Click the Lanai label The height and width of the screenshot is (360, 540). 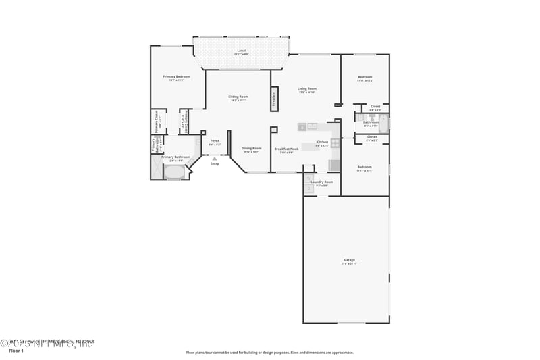(241, 51)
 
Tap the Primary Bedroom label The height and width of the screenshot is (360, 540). (176, 77)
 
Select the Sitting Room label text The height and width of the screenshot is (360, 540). (238, 97)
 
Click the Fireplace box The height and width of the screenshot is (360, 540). (274, 98)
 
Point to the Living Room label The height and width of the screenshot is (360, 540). (307, 89)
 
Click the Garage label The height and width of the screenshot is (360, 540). (349, 260)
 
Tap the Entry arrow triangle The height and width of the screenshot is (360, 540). (215, 158)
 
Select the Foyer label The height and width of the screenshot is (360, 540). (215, 141)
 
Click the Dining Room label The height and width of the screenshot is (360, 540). (252, 149)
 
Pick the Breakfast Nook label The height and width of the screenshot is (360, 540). (286, 149)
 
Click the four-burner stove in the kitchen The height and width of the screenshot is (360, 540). (334, 143)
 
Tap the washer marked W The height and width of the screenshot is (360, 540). (308, 178)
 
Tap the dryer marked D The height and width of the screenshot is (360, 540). (308, 189)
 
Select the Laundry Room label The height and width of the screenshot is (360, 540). (322, 182)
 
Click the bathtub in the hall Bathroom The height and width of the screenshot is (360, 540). (383, 124)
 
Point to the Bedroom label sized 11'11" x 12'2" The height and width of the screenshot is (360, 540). (364, 78)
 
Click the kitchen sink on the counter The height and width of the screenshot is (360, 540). (313, 126)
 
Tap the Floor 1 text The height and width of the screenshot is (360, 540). (16, 351)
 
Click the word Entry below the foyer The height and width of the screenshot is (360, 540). (215, 164)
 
